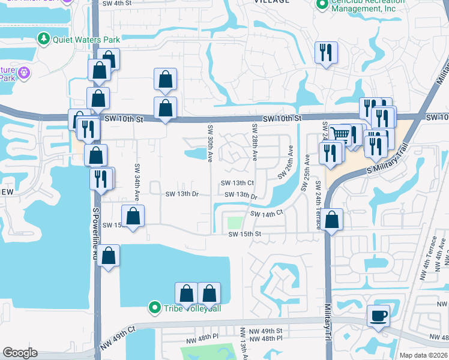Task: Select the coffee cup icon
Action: coord(378,315)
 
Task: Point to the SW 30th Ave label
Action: coord(210,143)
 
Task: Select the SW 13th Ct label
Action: coord(238,183)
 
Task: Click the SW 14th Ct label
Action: coord(266,214)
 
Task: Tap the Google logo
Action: coord(20,353)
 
